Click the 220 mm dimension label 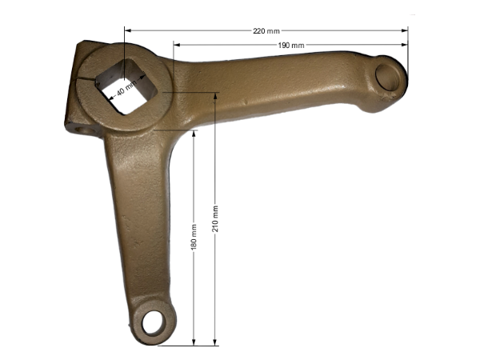[x=266, y=31]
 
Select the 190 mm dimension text [x=291, y=46]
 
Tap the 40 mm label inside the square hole [x=126, y=88]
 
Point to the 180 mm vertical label [x=194, y=237]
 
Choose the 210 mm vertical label [x=215, y=218]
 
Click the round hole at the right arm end [x=388, y=77]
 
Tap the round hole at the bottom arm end [x=154, y=322]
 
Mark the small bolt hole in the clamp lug [x=83, y=130]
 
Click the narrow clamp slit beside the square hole [x=86, y=79]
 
